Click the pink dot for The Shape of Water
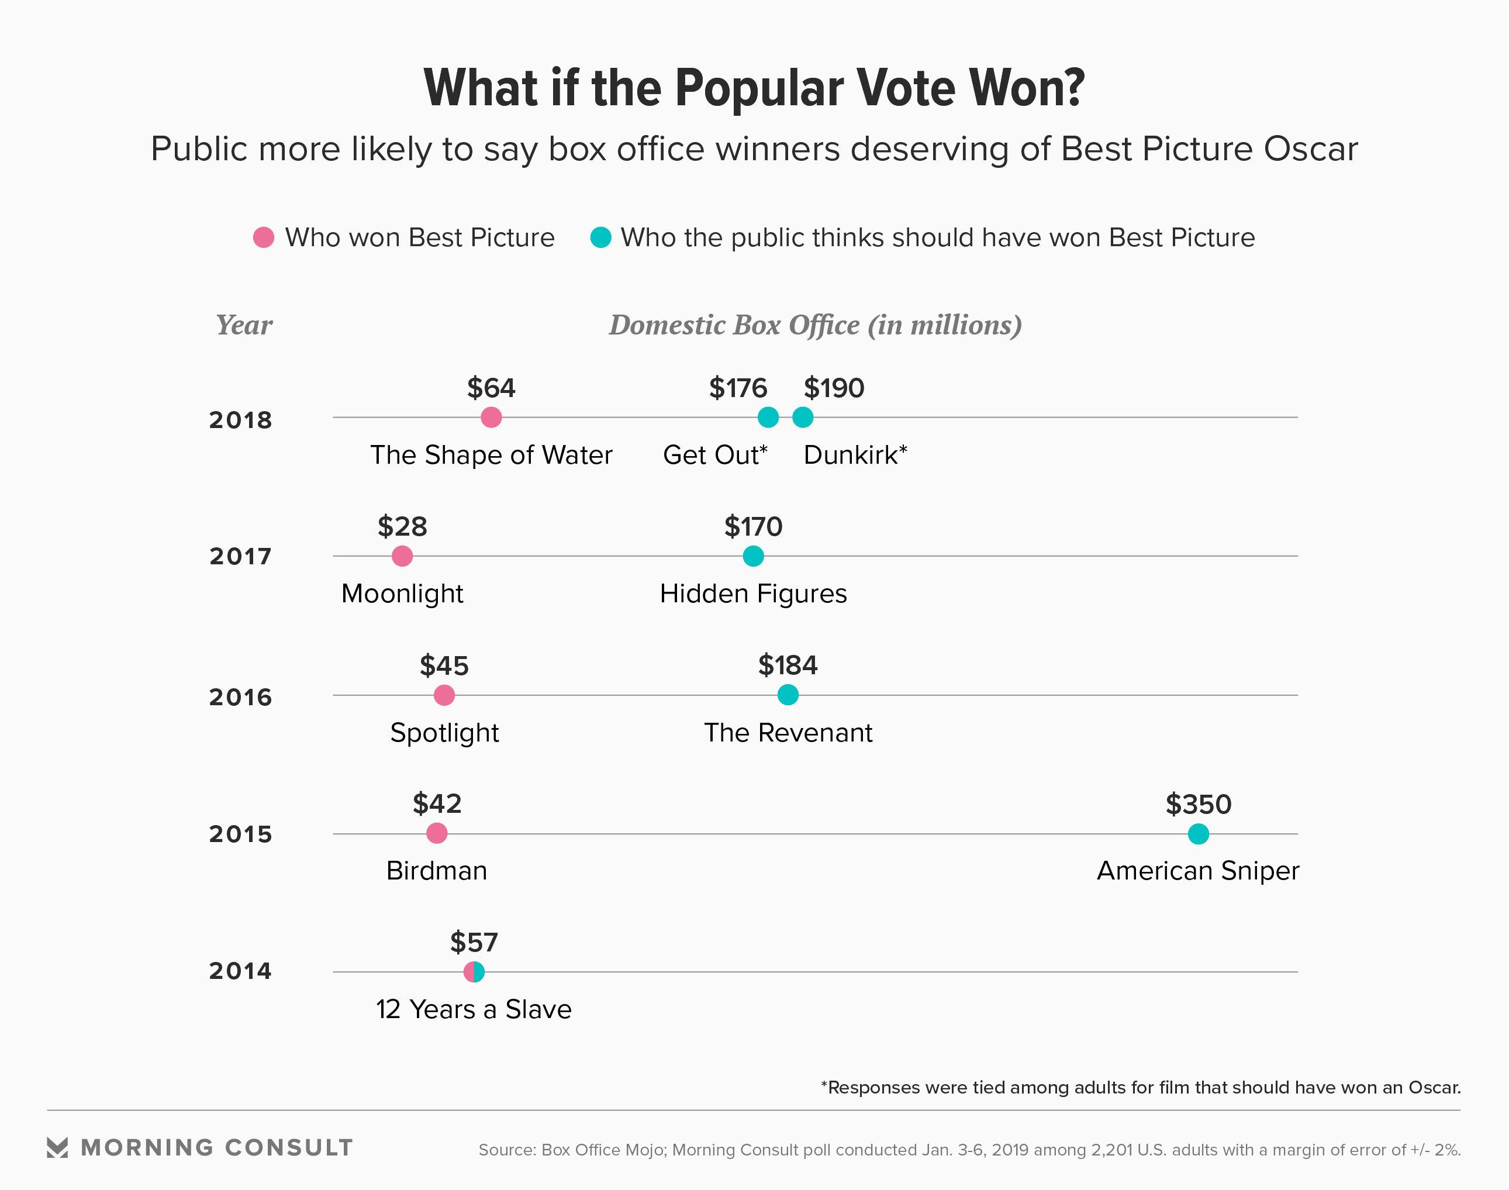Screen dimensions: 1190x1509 tap(491, 418)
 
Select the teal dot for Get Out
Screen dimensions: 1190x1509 tap(768, 418)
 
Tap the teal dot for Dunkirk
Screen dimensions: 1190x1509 tap(803, 418)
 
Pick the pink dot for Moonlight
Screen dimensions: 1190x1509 tap(402, 556)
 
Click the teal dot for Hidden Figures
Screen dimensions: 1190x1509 tap(753, 556)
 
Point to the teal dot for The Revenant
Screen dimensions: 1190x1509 tap(788, 695)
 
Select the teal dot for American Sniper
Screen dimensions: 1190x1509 tap(1199, 833)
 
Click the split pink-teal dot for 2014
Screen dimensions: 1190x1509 tap(474, 971)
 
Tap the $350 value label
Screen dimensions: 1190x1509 tap(1199, 805)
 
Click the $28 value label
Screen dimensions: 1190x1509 tap(402, 527)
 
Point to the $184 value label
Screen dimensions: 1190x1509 tap(788, 665)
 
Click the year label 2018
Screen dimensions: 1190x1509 tap(240, 420)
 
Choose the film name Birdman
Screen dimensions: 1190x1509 tap(437, 871)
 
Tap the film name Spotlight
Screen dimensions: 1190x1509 tap(444, 733)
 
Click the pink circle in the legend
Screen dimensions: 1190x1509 tap(263, 237)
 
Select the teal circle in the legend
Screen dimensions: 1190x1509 tap(600, 237)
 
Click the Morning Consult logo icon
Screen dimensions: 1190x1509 tap(57, 1147)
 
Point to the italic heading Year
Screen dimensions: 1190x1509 tap(244, 325)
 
